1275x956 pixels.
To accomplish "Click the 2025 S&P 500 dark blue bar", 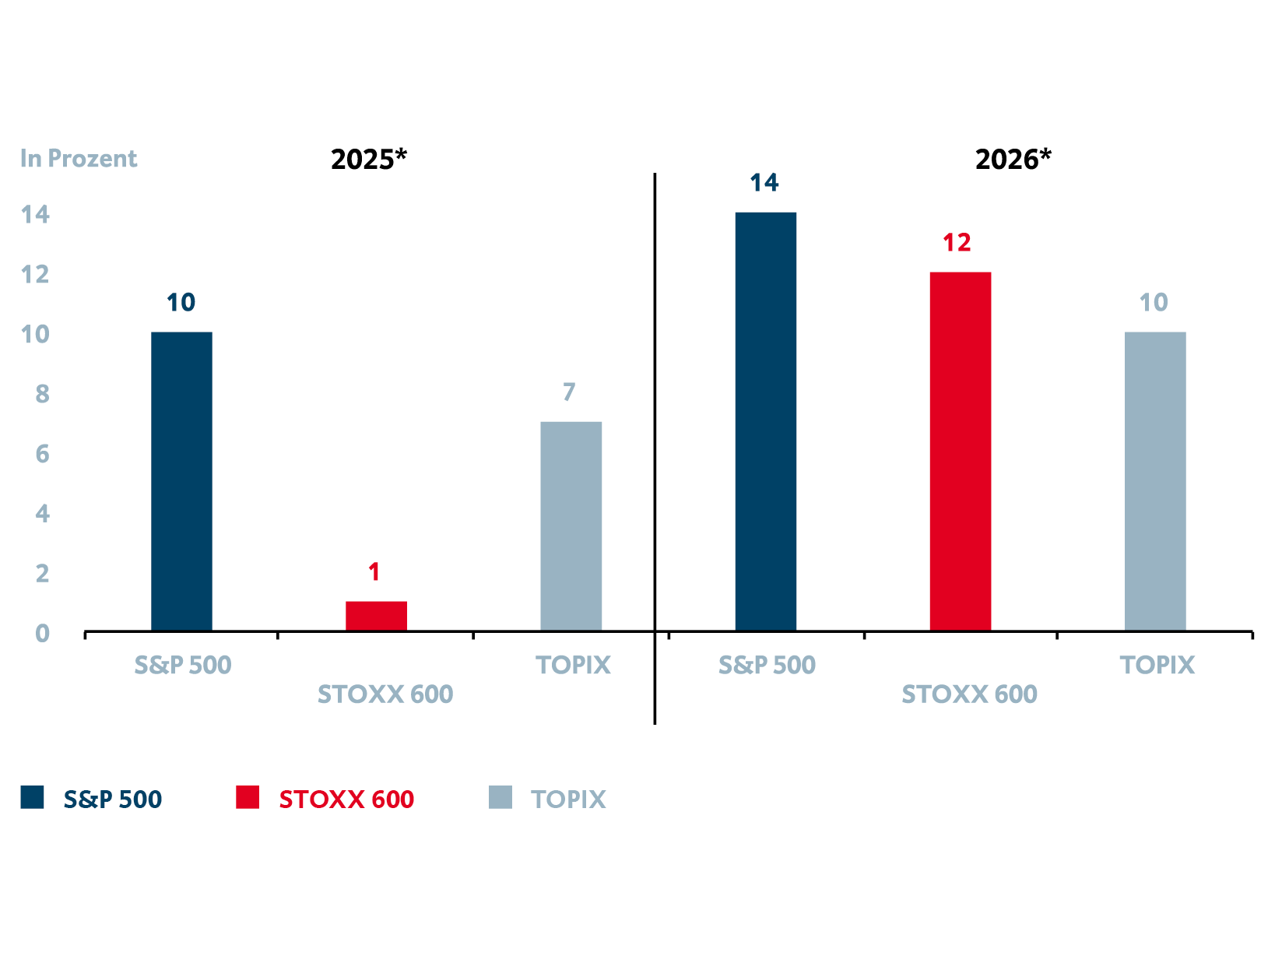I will point(181,481).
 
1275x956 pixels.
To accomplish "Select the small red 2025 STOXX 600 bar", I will point(376,616).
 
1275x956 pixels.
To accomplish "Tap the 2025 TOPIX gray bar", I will point(571,526).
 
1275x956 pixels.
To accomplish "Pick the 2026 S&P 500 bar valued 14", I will point(765,421).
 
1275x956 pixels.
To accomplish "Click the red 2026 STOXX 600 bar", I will point(960,452).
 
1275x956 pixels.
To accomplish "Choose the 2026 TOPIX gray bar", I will point(1155,481).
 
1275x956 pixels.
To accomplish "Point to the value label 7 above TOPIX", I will point(569,392).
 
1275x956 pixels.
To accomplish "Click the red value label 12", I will point(957,243).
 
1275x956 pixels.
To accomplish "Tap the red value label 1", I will point(374,572).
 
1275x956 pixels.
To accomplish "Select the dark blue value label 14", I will point(764,183).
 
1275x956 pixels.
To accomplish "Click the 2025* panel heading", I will point(368,160).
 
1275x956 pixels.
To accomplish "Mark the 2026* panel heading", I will point(1013,160).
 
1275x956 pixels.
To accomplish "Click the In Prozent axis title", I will point(79,159).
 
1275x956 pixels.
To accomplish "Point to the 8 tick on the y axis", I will point(42,395).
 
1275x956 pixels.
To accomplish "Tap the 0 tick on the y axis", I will point(42,634).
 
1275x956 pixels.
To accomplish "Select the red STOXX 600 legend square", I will point(248,797).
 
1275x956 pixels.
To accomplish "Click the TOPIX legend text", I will point(568,800).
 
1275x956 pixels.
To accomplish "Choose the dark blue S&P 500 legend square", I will point(33,797).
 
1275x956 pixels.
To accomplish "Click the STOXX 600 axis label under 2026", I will point(969,694).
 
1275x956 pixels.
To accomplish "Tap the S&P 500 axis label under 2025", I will point(183,666).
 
